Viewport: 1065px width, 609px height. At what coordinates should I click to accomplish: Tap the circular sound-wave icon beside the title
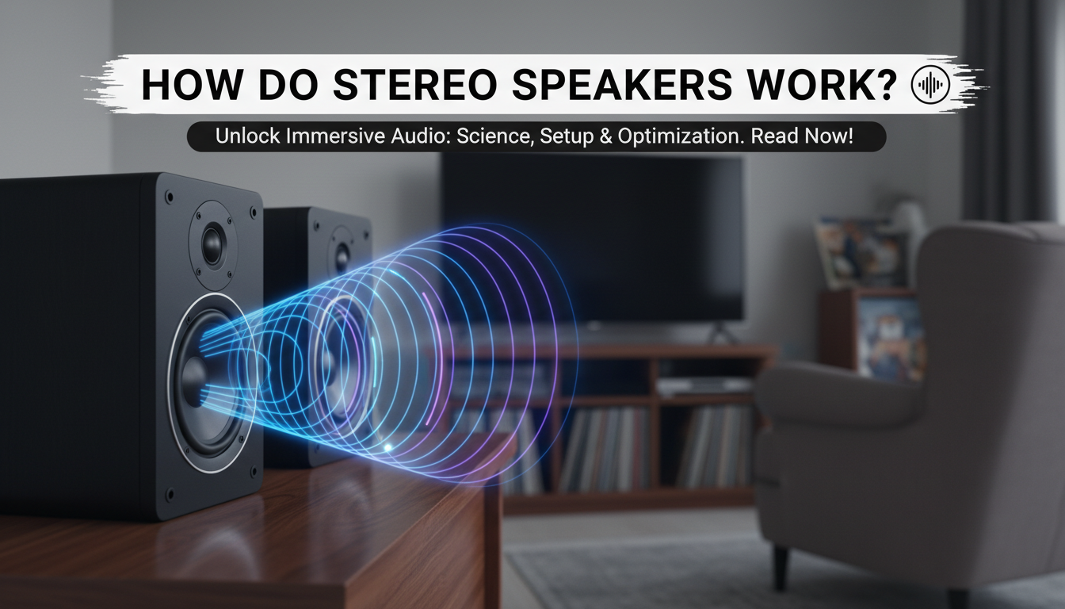pos(930,85)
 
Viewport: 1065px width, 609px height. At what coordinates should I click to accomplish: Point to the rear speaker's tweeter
pos(342,255)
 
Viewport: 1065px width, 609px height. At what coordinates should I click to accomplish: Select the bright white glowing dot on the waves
pos(387,448)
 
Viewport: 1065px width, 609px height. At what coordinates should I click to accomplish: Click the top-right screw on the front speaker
pos(254,212)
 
